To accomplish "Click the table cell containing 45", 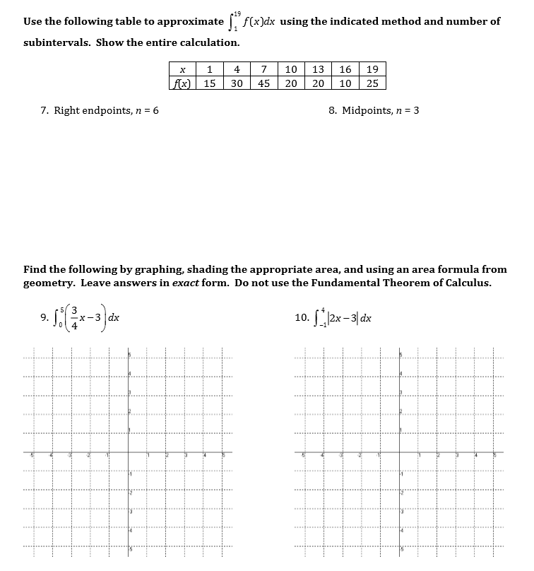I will [263, 83].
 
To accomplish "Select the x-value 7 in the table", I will [263, 69].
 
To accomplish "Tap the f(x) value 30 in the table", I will [237, 83].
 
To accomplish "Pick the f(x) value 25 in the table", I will [372, 83].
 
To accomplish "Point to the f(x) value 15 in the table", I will [210, 83].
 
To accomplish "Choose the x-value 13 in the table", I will [318, 69].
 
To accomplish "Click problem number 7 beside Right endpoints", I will [44, 111].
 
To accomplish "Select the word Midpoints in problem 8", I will [367, 111].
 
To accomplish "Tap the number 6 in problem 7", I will [155, 111].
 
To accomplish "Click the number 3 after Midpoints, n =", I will [416, 111].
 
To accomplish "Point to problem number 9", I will [44, 317].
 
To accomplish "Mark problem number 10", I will [302, 317].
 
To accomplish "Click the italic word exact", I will [186, 283].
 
